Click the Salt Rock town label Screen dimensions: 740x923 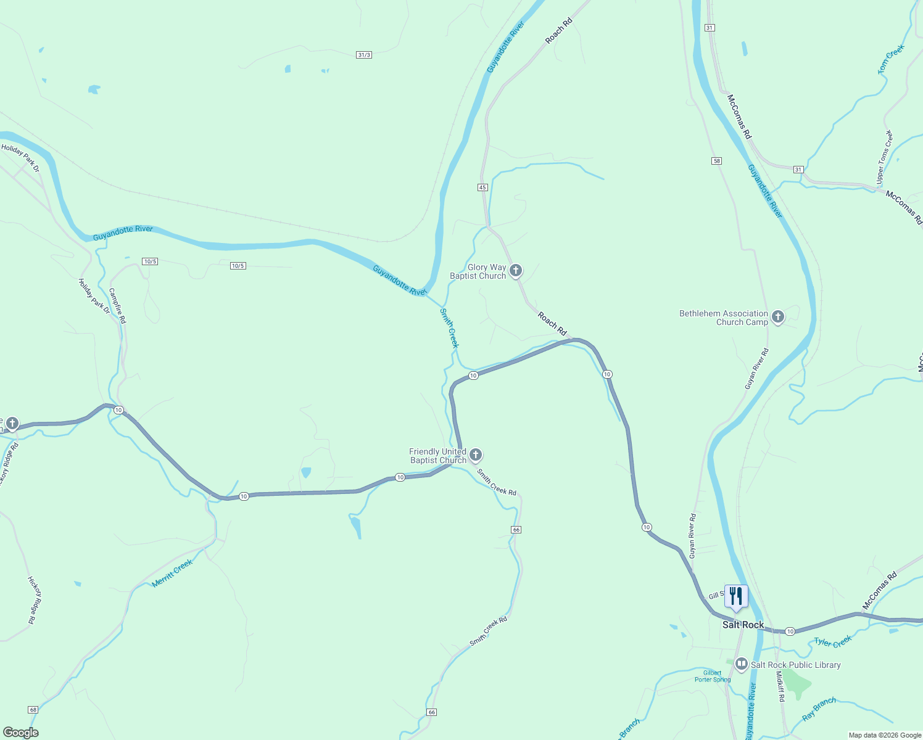point(743,625)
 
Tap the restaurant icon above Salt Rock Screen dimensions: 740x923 point(735,596)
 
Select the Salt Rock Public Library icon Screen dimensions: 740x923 point(742,665)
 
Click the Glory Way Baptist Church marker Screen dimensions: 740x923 point(516,271)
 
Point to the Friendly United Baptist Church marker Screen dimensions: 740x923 point(475,455)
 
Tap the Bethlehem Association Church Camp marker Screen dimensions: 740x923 point(778,317)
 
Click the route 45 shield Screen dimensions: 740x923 point(482,187)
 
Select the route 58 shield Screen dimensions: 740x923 point(716,161)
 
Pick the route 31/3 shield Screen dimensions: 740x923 point(364,55)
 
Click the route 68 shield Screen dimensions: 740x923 point(33,710)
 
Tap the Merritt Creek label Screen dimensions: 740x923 point(172,573)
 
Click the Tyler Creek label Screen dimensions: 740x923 point(833,642)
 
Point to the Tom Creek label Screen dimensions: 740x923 point(891,59)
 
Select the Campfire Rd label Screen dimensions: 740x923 point(117,306)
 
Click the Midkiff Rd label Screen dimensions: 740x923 point(780,686)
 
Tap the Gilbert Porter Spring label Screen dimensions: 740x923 point(713,676)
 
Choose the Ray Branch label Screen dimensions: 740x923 point(819,709)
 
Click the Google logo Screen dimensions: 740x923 point(20,733)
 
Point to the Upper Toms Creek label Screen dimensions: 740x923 point(884,157)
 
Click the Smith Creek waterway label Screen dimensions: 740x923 point(449,328)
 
